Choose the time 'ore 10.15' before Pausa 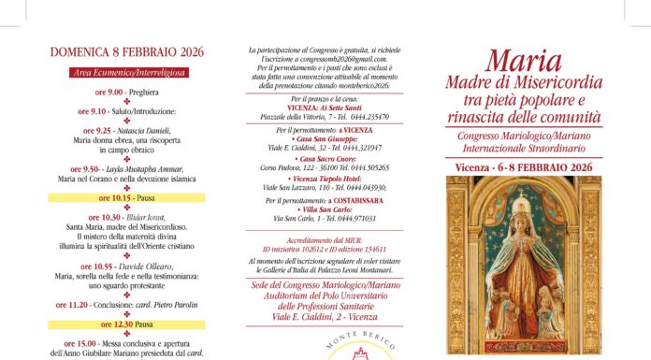(x=113, y=198)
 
